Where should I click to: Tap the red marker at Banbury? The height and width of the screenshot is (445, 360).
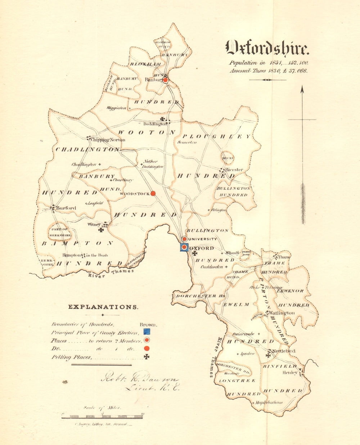pyautogui.click(x=165, y=80)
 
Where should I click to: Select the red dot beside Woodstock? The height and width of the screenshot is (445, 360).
pyautogui.click(x=153, y=193)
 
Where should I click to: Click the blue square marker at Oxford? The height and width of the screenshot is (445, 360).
pyautogui.click(x=184, y=247)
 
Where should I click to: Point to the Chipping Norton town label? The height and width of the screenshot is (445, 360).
pyautogui.click(x=108, y=140)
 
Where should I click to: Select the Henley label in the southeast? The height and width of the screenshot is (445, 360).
pyautogui.click(x=290, y=373)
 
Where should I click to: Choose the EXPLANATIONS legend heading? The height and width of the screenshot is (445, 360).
pyautogui.click(x=103, y=307)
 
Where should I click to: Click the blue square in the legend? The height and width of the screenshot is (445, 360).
pyautogui.click(x=147, y=332)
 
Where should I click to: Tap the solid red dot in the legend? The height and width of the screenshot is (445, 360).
pyautogui.click(x=147, y=349)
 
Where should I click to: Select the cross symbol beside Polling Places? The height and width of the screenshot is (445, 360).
pyautogui.click(x=147, y=357)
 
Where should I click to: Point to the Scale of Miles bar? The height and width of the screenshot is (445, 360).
pyautogui.click(x=103, y=417)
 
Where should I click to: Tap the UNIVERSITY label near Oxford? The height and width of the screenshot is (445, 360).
pyautogui.click(x=202, y=239)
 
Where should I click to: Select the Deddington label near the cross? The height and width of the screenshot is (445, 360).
pyautogui.click(x=156, y=124)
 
